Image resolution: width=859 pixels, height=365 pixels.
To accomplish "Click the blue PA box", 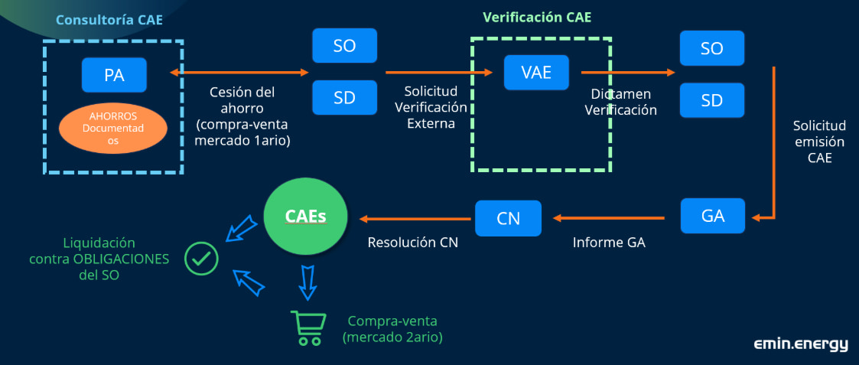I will (114, 75).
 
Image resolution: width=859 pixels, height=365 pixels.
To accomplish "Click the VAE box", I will (536, 73).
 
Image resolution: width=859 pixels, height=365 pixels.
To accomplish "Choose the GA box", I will (713, 215).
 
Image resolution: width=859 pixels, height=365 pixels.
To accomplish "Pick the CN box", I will (508, 218).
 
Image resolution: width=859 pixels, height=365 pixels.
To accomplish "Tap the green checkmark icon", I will (202, 259).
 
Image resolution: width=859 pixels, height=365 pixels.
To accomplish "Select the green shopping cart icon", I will (306, 328).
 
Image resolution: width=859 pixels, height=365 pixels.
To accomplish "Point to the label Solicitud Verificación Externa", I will (430, 108).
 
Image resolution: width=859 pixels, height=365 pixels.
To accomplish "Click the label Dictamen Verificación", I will (620, 102).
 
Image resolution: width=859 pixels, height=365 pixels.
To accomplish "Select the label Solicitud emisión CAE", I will (819, 142).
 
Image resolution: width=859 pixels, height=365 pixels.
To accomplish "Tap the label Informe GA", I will (609, 243).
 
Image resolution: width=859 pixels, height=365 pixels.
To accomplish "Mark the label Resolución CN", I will (413, 243).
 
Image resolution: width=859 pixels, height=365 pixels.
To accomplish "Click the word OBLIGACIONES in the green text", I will (121, 259).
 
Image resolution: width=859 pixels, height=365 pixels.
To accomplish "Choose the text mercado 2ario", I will (393, 336).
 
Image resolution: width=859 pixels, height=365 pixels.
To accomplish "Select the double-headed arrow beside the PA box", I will (239, 73).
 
